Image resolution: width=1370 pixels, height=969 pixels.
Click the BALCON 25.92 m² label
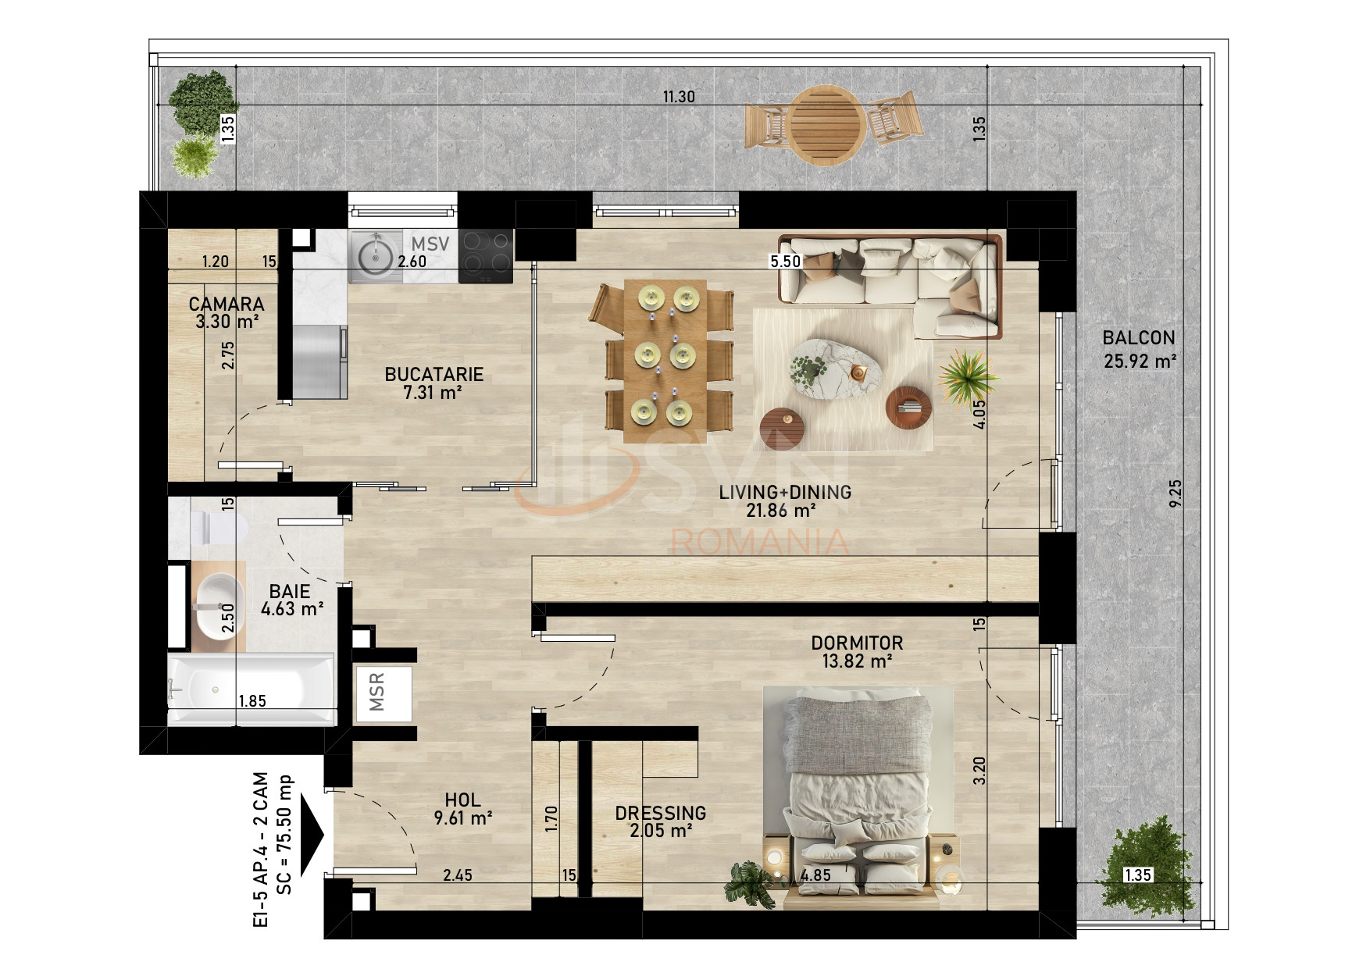1139,349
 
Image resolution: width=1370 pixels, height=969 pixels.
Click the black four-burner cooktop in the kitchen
486,256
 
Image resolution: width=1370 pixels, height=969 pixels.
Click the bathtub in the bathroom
250,689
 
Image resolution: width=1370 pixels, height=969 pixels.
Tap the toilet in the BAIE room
220,528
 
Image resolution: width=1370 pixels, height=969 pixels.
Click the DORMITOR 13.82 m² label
857,652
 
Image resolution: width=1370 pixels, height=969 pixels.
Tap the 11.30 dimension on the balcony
678,98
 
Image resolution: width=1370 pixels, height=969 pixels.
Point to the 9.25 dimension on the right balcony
1176,493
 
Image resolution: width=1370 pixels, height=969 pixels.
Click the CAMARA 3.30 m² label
227,312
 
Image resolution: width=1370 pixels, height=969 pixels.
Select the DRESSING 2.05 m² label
661,821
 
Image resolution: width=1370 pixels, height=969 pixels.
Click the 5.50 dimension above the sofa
785,262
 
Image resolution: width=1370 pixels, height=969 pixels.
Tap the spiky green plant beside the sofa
967,375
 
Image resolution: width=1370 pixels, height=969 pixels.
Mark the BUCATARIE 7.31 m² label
433,383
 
